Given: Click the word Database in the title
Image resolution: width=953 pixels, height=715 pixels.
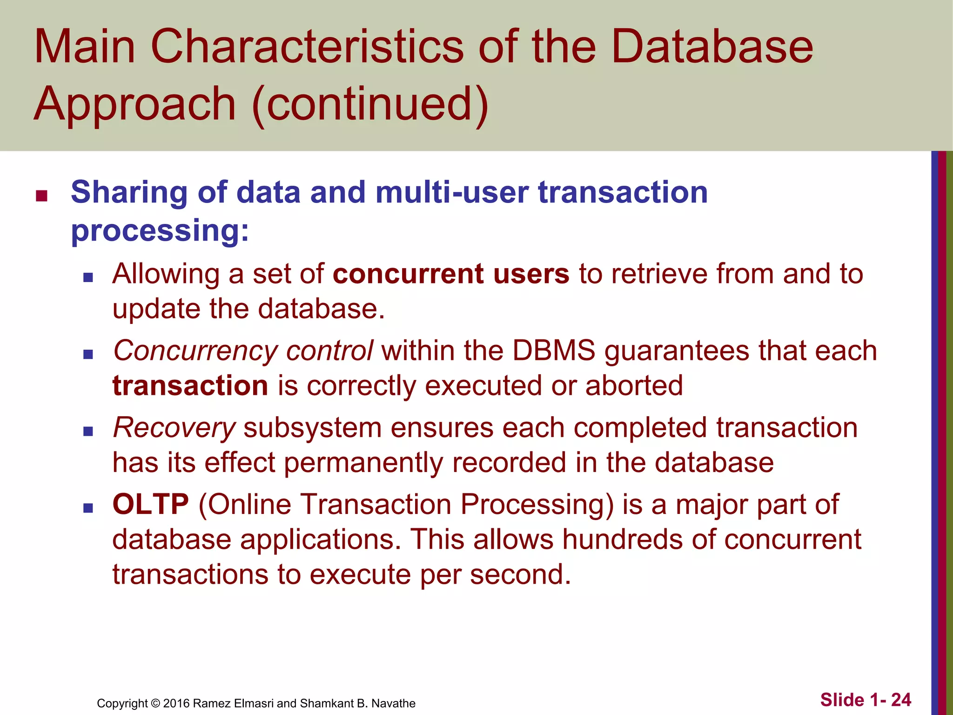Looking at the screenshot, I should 712,47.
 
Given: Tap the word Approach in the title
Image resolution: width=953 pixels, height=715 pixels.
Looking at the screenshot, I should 135,105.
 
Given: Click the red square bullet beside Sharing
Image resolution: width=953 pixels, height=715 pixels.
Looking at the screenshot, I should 41,196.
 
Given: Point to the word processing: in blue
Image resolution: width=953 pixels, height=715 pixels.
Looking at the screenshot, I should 160,230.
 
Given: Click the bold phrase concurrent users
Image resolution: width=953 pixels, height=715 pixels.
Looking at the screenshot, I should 451,274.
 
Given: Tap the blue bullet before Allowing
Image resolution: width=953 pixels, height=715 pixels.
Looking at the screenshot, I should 88,278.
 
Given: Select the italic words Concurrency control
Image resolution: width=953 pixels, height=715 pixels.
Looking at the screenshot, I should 243,351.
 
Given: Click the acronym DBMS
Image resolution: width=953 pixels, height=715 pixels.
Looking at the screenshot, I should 554,351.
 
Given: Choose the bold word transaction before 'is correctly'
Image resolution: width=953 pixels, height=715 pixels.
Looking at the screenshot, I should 190,386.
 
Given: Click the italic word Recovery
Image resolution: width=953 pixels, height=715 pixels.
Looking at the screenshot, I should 174,428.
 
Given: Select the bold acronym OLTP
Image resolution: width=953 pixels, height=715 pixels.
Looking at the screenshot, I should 150,504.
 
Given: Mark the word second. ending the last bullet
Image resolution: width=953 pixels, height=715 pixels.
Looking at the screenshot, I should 520,574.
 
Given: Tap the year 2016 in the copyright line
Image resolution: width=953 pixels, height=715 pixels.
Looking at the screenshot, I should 176,703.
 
